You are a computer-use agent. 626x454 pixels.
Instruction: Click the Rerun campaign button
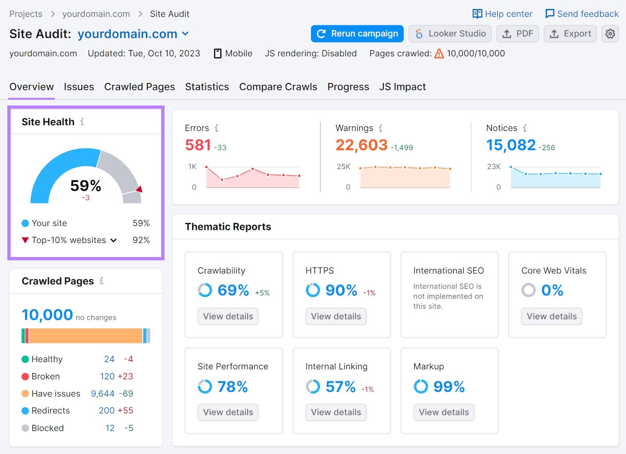coord(357,34)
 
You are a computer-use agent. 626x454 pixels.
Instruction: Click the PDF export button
coord(517,34)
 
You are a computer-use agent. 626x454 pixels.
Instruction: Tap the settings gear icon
coord(610,34)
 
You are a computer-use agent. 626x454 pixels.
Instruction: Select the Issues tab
coord(79,87)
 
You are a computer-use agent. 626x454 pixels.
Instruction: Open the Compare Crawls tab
coord(278,87)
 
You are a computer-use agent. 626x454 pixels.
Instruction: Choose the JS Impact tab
coord(402,87)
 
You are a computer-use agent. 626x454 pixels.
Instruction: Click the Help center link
coord(502,14)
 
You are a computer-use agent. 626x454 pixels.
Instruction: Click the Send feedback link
coord(582,14)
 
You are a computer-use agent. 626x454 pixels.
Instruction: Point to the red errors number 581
coord(198,145)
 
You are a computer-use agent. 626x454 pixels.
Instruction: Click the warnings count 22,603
coord(362,145)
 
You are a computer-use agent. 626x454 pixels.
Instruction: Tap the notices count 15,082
coord(511,145)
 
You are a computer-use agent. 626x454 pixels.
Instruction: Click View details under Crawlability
coord(228,316)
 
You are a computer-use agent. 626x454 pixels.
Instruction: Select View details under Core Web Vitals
coord(551,316)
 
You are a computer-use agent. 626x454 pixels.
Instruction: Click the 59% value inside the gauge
coord(86,185)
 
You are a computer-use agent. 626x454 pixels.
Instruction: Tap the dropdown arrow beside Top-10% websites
coord(113,240)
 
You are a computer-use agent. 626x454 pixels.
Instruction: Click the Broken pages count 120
coord(107,376)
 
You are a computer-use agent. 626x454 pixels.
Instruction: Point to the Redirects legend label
coord(50,411)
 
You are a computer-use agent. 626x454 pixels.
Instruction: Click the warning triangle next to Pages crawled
coord(439,54)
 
